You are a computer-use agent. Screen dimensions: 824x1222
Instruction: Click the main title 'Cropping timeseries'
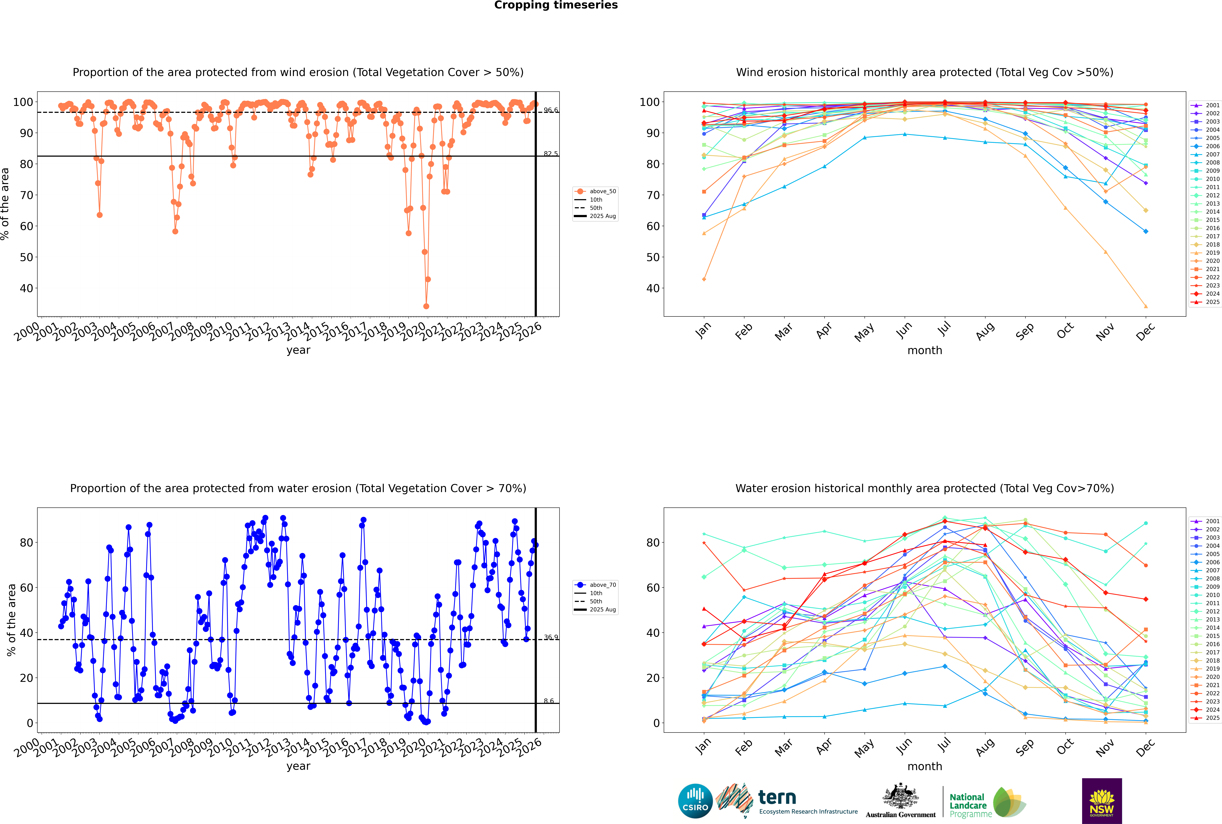556,5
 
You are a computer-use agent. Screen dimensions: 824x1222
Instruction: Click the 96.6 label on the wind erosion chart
551,110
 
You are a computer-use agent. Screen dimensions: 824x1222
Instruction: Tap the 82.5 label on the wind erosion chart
551,154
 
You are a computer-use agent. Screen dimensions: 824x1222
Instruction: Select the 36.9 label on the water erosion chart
551,637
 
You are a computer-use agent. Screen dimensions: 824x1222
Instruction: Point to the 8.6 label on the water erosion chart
548,701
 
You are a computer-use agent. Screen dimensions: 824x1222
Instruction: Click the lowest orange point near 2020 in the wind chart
426,306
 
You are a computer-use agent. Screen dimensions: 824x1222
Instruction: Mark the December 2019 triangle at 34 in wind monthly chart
1146,306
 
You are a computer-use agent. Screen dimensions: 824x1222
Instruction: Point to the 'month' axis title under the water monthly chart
925,766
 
